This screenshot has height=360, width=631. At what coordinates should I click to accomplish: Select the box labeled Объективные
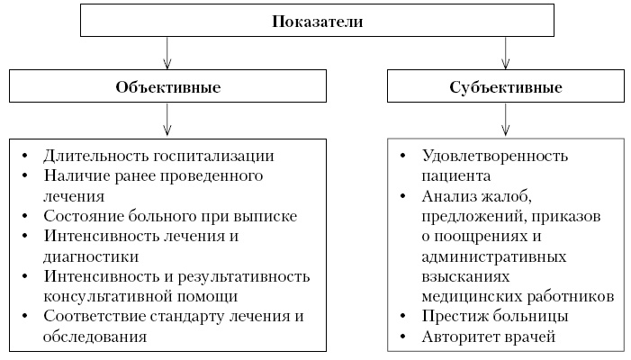click(168, 87)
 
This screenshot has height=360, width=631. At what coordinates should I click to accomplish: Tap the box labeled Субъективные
click(505, 87)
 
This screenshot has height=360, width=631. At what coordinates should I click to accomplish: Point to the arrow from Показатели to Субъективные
click(505, 54)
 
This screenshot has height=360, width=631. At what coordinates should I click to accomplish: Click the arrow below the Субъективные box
click(505, 119)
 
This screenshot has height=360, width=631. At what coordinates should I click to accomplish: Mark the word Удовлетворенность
click(494, 155)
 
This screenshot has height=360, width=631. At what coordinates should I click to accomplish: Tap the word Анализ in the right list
click(447, 196)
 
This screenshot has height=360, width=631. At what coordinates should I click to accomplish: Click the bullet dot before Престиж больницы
click(402, 316)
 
